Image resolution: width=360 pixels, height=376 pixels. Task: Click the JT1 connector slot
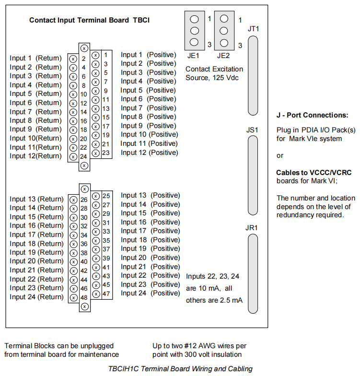[x=253, y=76]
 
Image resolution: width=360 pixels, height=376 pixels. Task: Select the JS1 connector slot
[x=253, y=176]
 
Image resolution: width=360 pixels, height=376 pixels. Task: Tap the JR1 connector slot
[x=253, y=273]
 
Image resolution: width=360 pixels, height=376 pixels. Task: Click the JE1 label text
[x=194, y=56]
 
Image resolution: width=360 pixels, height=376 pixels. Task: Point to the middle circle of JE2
[x=224, y=31]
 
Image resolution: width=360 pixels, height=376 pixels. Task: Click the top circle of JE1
[x=194, y=19]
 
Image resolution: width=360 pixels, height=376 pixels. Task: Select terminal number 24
[x=83, y=156]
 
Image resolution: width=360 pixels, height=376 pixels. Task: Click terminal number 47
[x=106, y=294]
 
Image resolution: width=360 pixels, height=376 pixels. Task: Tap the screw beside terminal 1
[x=95, y=56]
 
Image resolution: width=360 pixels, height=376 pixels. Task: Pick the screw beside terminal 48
[x=74, y=297]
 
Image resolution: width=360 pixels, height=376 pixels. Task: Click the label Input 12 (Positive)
[x=150, y=153]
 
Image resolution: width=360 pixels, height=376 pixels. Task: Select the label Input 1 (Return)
[x=35, y=59]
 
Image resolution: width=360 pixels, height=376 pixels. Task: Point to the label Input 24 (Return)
[x=36, y=297]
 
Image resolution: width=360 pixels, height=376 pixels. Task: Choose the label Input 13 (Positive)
[x=151, y=196]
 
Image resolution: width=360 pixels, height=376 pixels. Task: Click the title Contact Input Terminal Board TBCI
[x=89, y=20]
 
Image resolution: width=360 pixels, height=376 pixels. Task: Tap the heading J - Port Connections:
[x=313, y=115]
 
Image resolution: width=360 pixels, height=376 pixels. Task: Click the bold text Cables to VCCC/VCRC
[x=314, y=173]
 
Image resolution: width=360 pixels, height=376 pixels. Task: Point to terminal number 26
[x=84, y=200]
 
